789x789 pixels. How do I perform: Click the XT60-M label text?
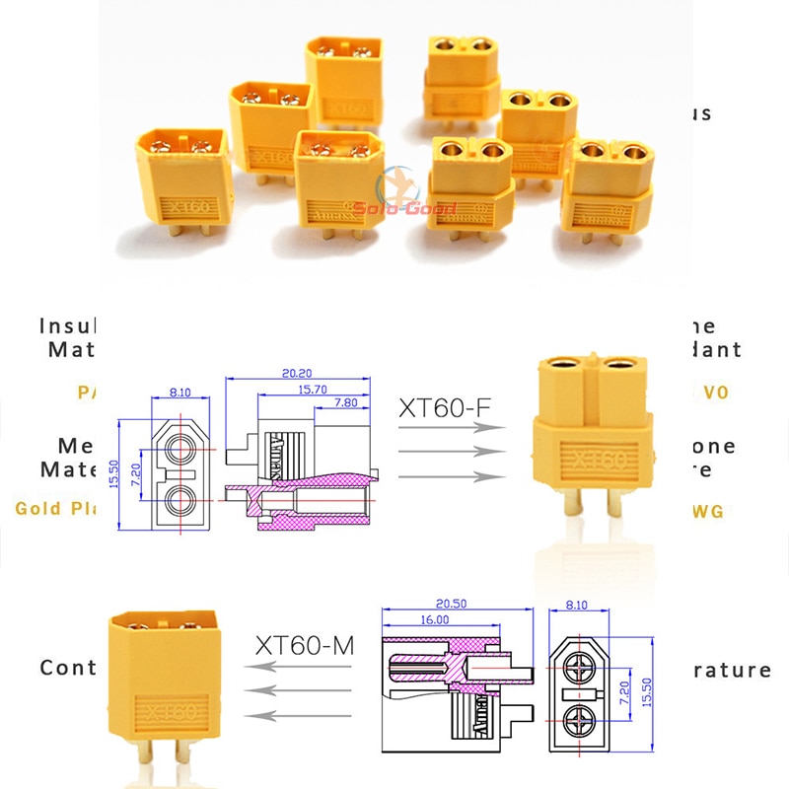[304, 647]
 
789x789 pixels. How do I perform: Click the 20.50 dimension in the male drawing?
[452, 605]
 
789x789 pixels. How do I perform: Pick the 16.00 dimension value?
[433, 620]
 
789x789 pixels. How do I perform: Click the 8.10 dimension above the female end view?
[180, 392]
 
